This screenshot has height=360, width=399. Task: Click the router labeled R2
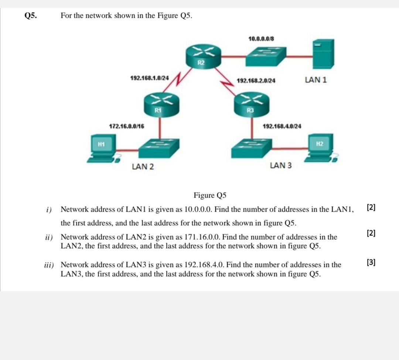click(201, 56)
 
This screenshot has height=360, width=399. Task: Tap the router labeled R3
click(252, 104)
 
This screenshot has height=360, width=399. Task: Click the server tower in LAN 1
click(323, 54)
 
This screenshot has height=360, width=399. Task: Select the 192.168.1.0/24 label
click(150, 78)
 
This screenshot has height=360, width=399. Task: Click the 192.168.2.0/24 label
click(256, 80)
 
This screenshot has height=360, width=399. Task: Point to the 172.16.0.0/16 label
click(127, 126)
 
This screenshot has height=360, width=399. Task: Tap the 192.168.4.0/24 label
click(282, 126)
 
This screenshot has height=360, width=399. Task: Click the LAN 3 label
click(280, 165)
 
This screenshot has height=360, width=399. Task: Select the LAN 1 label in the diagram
click(316, 80)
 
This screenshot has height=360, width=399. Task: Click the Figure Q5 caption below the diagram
click(210, 195)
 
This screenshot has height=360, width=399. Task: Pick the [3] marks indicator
click(371, 263)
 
